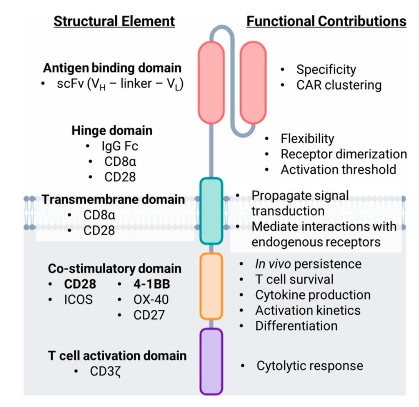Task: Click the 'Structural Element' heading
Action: pyautogui.click(x=114, y=21)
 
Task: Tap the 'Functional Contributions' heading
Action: pyautogui.click(x=326, y=21)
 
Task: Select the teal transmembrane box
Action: pyautogui.click(x=211, y=211)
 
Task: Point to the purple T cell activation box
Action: pyautogui.click(x=211, y=362)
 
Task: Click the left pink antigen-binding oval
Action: pyautogui.click(x=211, y=83)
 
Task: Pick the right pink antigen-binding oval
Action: pyautogui.click(x=253, y=83)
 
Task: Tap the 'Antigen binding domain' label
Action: pyautogui.click(x=112, y=68)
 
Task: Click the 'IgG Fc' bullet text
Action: pyautogui.click(x=120, y=146)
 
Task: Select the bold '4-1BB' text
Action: pyautogui.click(x=152, y=284)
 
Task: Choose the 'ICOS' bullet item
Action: pyautogui.click(x=78, y=299)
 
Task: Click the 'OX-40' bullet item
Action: pyautogui.click(x=151, y=299)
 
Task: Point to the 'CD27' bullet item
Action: pyautogui.click(x=149, y=315)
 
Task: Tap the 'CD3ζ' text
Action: pyautogui.click(x=105, y=371)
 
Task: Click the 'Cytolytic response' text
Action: pyautogui.click(x=310, y=366)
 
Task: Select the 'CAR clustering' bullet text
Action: pyautogui.click(x=339, y=85)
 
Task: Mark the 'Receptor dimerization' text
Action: pyautogui.click(x=344, y=154)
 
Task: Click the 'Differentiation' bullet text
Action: pyautogui.click(x=296, y=326)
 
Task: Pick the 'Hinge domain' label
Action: pyautogui.click(x=112, y=130)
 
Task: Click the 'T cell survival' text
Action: pyautogui.click(x=294, y=279)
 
